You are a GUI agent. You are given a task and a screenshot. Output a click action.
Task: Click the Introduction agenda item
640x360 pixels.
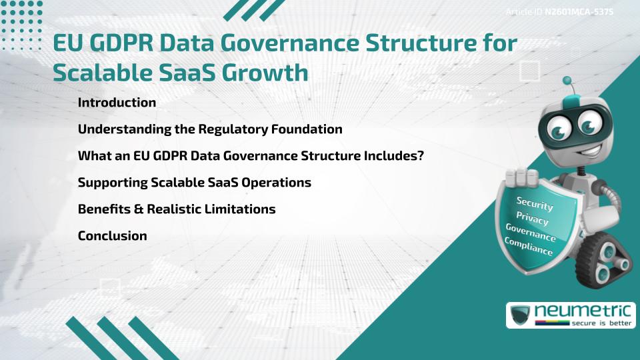pos(117,103)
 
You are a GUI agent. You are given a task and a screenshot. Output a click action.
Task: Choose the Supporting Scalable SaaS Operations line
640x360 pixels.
pos(194,183)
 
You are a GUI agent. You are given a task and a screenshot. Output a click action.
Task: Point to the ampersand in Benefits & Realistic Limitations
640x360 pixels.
pos(138,209)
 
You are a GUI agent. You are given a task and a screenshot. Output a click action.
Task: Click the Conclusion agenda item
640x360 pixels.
pos(112,236)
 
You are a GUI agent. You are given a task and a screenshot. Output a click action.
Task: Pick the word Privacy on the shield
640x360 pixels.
pos(532,219)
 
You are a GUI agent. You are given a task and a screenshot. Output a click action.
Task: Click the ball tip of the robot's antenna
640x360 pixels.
pos(567,81)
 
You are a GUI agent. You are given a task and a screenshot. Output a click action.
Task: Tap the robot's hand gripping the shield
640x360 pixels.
pos(521,177)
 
